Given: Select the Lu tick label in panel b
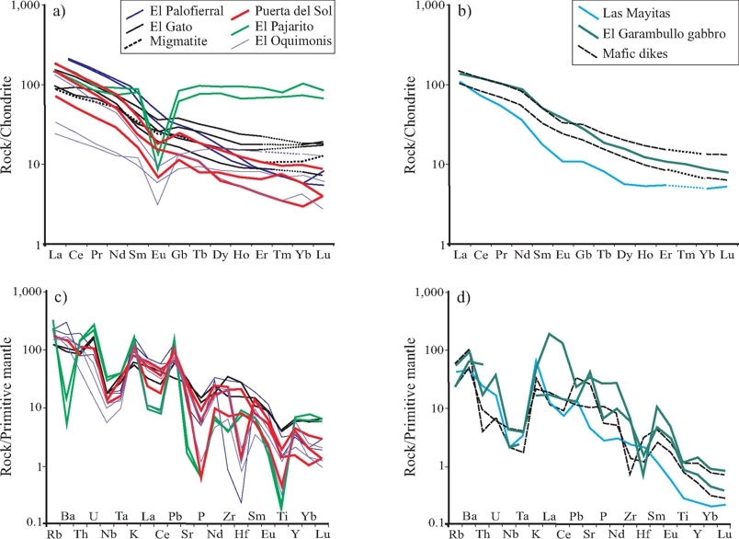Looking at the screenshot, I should pyautogui.click(x=726, y=255).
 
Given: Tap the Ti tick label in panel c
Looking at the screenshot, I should pyautogui.click(x=282, y=532).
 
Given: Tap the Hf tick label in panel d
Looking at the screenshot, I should pyautogui.click(x=643, y=532).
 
